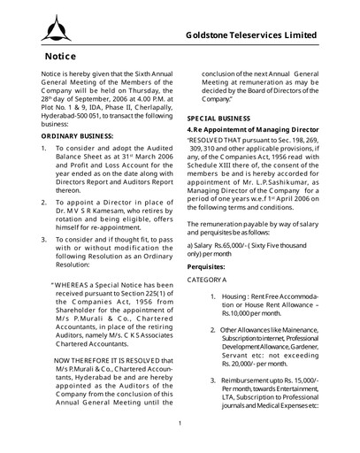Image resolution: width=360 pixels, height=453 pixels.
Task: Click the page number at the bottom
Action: tap(180, 422)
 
